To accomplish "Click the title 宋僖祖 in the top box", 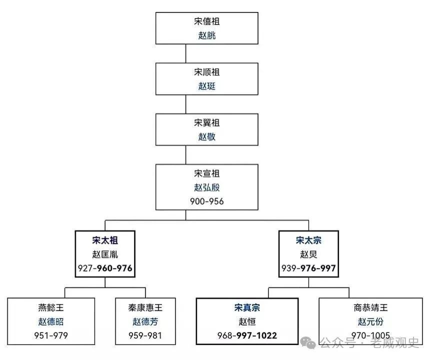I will point(207,21).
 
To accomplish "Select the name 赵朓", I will point(207,35).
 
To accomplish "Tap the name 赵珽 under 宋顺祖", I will point(207,86).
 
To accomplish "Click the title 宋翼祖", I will point(207,123).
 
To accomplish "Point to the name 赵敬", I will point(207,136).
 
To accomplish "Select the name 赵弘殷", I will point(207,187).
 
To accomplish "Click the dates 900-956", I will point(207,201).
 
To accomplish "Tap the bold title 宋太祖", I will point(105,240).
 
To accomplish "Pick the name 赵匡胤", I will point(105,254).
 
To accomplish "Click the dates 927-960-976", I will point(105,268).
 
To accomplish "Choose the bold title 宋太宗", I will point(308,240).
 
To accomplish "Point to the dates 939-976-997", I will point(308,268).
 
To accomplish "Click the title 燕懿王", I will point(51,308).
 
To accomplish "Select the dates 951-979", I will point(51,335).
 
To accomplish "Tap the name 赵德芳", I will point(145,321).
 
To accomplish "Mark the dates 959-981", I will point(145,335).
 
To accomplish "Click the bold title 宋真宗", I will point(247,308).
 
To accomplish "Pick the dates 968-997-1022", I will point(247,335).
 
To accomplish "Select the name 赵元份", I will point(370,321).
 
